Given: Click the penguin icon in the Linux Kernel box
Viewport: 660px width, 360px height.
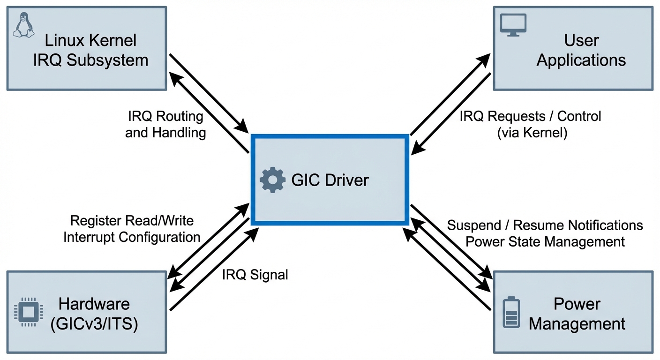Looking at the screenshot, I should coord(24,25).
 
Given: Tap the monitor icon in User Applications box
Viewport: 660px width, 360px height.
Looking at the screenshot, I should coord(513,24).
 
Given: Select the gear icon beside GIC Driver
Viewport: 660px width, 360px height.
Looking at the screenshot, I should coord(272,180).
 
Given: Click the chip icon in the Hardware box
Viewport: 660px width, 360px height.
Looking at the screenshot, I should coord(29,311).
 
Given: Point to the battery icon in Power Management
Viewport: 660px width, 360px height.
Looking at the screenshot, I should coord(511,312).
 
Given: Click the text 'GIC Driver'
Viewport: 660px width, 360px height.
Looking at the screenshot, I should coord(330,180).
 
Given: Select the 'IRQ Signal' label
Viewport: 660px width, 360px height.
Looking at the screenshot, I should coord(255,275).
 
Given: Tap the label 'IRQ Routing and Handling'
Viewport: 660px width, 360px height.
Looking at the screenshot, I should coord(165,124).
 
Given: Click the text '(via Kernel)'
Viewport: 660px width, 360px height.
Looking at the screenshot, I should coord(532,133).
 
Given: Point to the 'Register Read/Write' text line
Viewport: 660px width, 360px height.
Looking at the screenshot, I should coord(132,220).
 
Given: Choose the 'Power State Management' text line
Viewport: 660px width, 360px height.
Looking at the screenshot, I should coord(545,241).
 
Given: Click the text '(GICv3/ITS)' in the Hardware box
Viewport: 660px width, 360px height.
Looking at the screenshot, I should coord(94,324).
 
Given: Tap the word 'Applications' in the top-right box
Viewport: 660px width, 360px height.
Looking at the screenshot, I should coord(581,60).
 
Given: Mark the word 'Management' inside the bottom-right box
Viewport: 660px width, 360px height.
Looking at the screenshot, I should coord(577,324).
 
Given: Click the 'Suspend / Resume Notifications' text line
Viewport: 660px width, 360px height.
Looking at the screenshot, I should coord(545,225).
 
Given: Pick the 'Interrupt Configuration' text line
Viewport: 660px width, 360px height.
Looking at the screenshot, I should coord(132,237).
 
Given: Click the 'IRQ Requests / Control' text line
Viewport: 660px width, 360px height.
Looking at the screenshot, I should coord(530,116).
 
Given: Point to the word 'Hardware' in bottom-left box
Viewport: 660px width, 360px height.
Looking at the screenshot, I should coord(94,304).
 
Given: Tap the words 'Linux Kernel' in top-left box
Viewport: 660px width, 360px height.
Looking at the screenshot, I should coord(90,40).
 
